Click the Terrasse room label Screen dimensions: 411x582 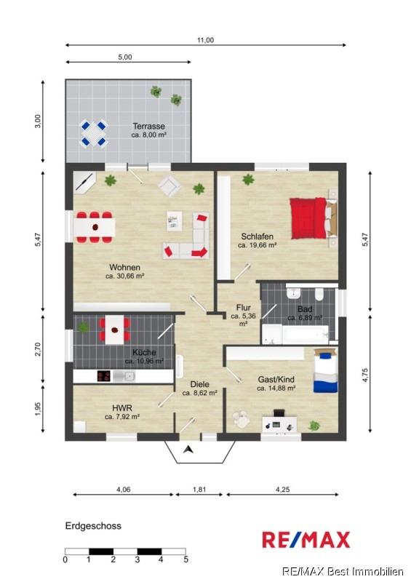149,126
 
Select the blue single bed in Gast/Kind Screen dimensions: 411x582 326,370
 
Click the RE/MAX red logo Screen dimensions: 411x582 306,540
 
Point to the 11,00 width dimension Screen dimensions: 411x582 205,40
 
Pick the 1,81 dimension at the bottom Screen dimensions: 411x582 199,490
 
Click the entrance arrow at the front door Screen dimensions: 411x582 188,450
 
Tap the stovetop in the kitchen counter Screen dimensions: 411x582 103,376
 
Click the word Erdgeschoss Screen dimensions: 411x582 93,526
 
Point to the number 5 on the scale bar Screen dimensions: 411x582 185,559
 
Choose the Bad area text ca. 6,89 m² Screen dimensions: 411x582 305,318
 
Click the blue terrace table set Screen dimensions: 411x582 93,133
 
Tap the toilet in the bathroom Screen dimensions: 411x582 319,293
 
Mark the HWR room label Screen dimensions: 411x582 121,408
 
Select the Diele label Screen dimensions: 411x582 200,385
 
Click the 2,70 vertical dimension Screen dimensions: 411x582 38,349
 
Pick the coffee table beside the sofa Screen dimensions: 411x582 174,221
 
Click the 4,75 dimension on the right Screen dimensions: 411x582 365,375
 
